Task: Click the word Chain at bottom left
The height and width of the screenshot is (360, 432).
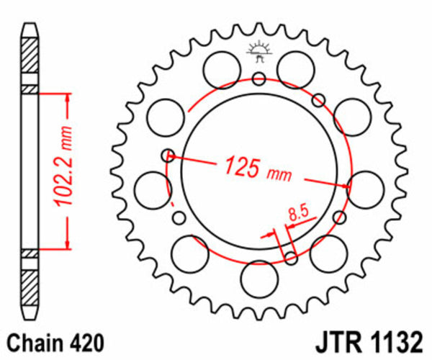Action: pos(30,341)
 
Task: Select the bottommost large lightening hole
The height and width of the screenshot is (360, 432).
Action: pos(259,276)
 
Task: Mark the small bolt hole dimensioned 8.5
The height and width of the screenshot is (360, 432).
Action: pos(291,257)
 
